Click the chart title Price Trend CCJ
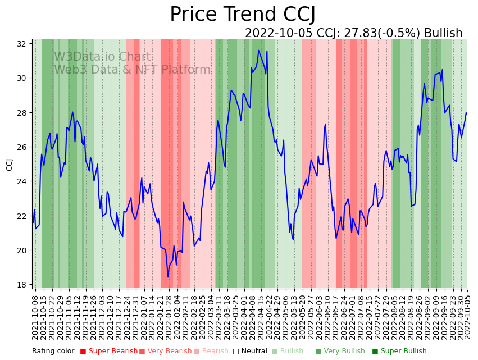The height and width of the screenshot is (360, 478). [x=242, y=14]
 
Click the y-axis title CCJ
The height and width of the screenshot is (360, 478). [x=10, y=164]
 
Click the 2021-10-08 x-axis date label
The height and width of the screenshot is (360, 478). [x=35, y=317]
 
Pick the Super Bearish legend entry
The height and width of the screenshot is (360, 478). [x=108, y=351]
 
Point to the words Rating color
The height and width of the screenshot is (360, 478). [x=53, y=351]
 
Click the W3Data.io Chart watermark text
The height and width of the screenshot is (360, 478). [x=102, y=57]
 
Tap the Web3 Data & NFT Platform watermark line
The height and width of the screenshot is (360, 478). [x=132, y=70]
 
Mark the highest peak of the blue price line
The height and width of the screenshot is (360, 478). [x=258, y=51]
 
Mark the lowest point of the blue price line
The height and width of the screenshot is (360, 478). [x=167, y=277]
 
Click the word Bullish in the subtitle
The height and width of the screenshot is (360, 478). [x=443, y=33]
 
